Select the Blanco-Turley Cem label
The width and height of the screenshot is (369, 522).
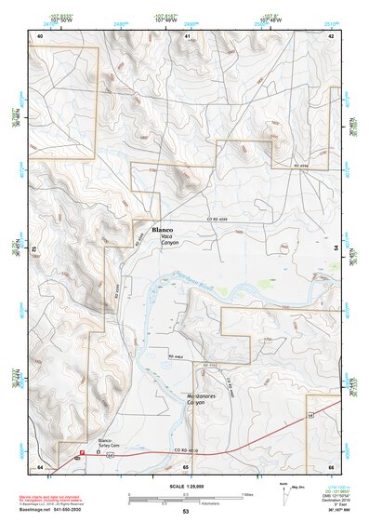pyautogui.click(x=111, y=441)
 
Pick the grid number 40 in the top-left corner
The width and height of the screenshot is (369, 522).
pyautogui.click(x=40, y=34)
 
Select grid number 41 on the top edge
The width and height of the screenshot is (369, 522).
pyautogui.click(x=188, y=34)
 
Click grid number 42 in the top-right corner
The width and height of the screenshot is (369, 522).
pyautogui.click(x=332, y=34)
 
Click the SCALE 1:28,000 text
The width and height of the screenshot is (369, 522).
pyautogui.click(x=184, y=484)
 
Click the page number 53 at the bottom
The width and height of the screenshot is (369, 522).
pyautogui.click(x=186, y=512)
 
